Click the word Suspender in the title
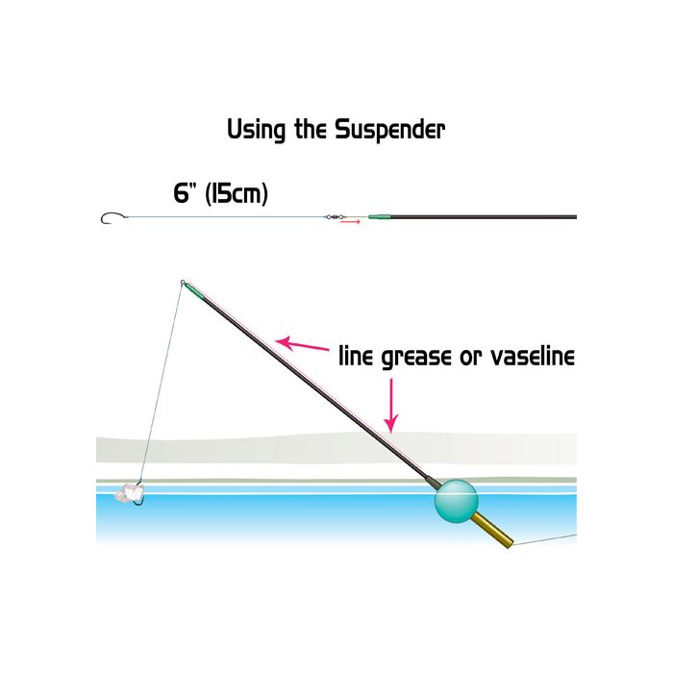tap(389, 130)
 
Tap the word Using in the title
tap(257, 130)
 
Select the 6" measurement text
tap(182, 193)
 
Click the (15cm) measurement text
tap(237, 193)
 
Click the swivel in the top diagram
tap(335, 217)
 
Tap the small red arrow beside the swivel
tap(350, 222)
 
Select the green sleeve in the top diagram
tap(379, 216)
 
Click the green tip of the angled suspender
tap(194, 291)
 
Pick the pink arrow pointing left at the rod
tap(302, 344)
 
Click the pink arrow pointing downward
tap(391, 406)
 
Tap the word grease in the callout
tap(416, 358)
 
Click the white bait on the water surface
tap(127, 492)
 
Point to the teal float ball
tap(456, 501)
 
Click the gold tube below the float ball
tap(492, 531)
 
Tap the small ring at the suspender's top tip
tap(183, 283)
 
